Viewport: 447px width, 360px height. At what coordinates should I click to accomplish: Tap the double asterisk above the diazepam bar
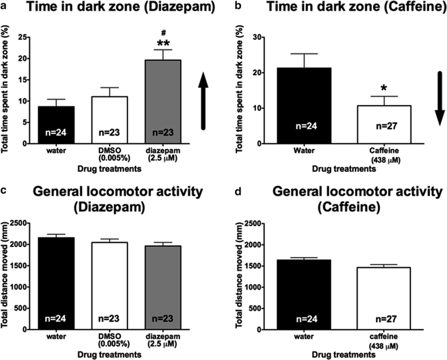163,45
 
